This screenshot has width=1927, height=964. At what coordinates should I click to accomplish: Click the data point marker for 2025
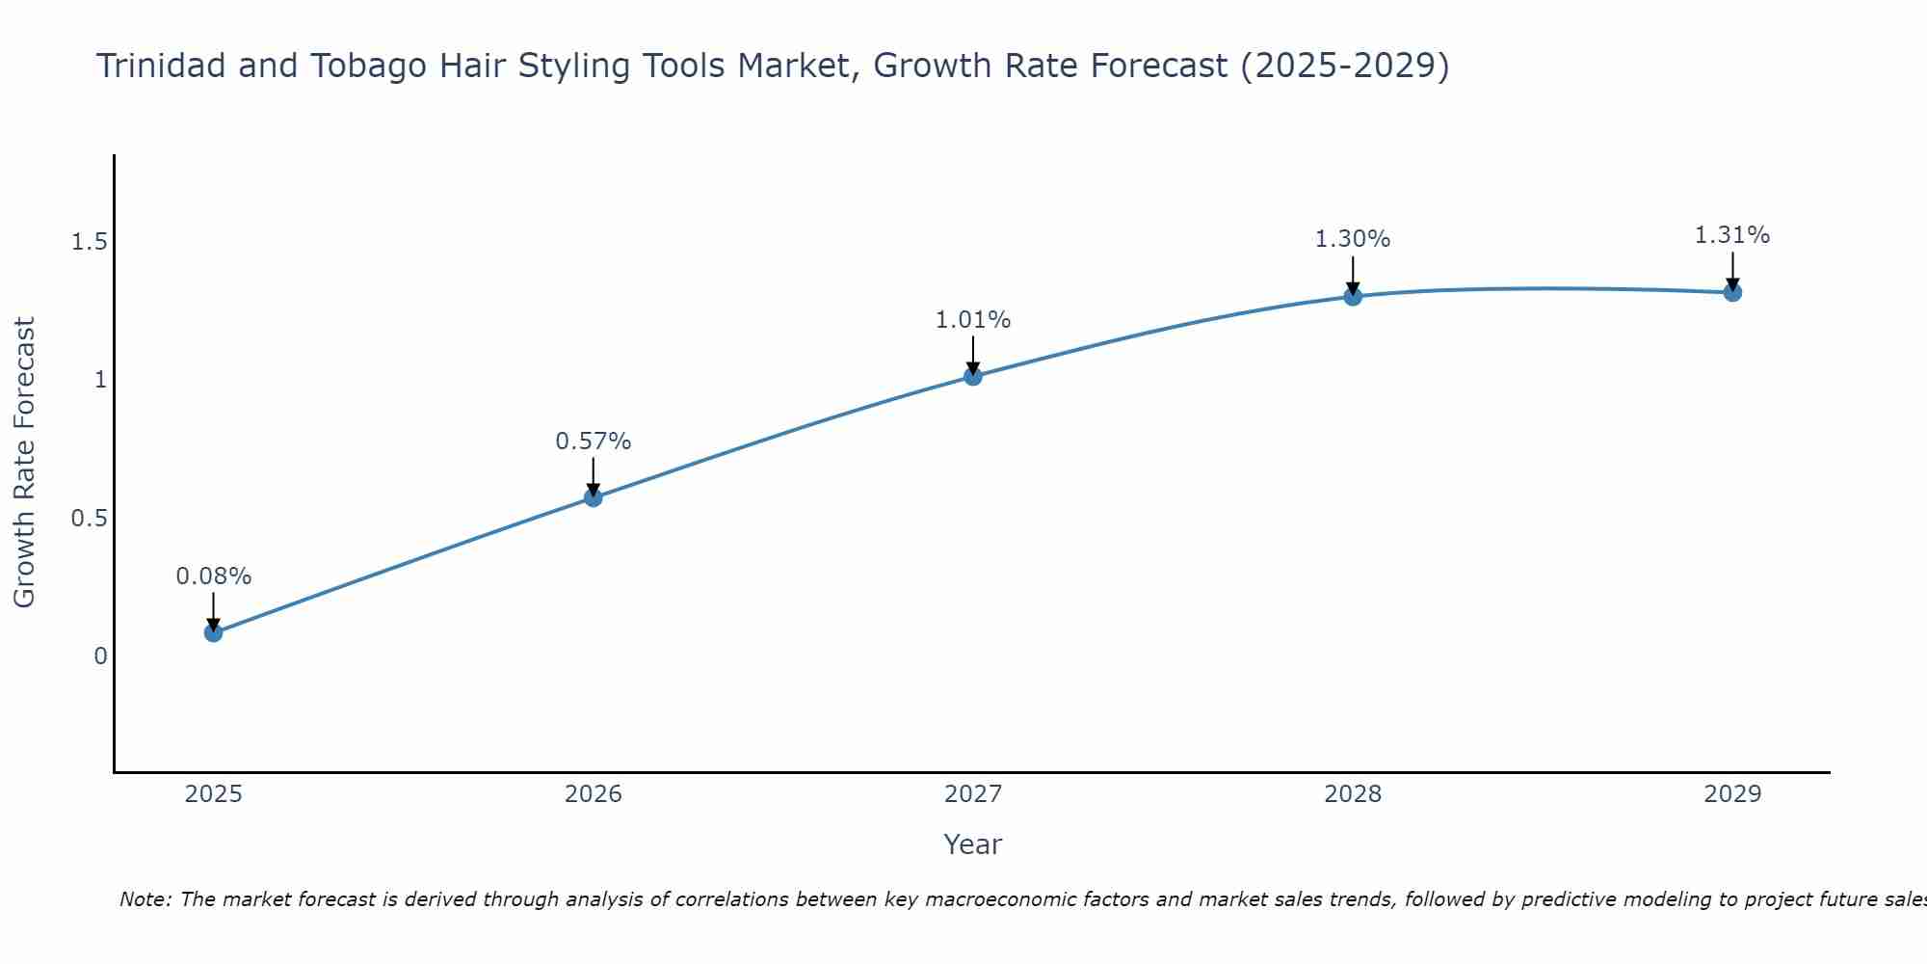[214, 632]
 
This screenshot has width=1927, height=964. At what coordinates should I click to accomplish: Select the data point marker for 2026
[594, 497]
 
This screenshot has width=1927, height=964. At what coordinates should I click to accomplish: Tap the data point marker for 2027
[973, 376]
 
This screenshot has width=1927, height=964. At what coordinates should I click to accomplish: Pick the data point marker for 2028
[1353, 296]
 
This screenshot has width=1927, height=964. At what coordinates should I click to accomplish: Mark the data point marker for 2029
[1732, 292]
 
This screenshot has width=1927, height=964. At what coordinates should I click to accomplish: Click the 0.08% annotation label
[214, 576]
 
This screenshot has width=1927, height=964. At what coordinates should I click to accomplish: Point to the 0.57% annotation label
[594, 442]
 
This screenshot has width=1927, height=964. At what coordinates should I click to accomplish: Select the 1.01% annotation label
[973, 320]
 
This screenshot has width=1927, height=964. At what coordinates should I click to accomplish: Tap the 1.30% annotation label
[1353, 239]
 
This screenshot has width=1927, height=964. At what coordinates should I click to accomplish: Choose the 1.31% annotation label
[1732, 235]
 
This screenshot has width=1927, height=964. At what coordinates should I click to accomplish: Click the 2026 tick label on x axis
[594, 794]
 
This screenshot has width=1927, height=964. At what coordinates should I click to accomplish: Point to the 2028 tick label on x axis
[1353, 794]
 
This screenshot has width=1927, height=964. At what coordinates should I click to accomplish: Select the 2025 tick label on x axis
[214, 794]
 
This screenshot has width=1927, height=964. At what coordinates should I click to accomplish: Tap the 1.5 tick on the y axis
[89, 242]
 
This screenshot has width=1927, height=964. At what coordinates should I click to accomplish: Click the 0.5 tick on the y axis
[89, 519]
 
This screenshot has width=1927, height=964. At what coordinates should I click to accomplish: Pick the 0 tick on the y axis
[100, 656]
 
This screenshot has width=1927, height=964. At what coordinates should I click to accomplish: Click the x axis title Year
[973, 844]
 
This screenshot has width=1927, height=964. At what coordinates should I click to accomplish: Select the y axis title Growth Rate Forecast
[25, 463]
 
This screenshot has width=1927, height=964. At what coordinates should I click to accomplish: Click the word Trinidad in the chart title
[160, 66]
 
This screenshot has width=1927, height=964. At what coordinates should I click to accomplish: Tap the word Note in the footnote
[144, 899]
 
